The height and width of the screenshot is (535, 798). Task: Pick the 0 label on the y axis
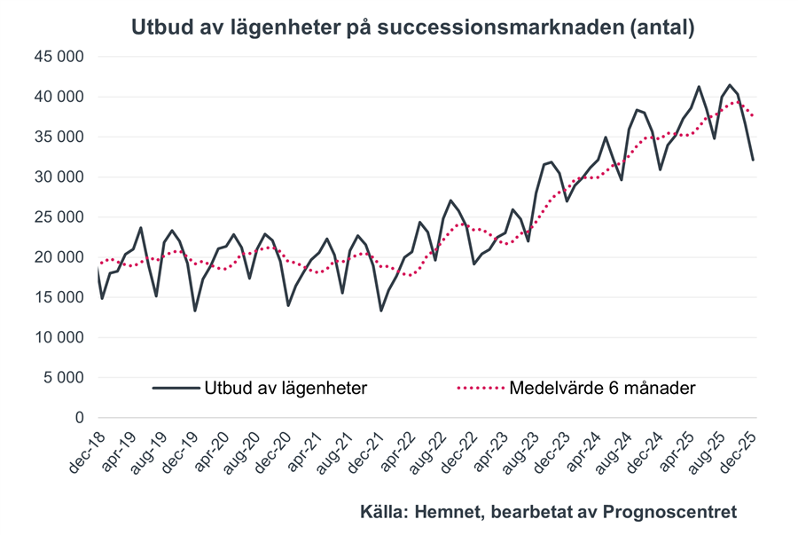coord(79,418)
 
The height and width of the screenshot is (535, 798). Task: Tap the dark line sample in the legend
coord(176,388)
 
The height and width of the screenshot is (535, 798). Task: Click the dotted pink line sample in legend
coord(480,388)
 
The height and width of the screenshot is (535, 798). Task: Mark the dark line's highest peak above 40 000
coord(730,85)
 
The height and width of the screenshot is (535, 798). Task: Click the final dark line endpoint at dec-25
coord(754,160)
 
